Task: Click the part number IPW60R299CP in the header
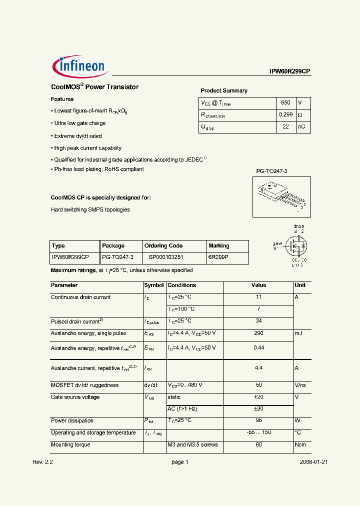point(290,71)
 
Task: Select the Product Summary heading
point(224,90)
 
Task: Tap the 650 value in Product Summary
point(285,102)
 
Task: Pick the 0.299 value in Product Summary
point(286,115)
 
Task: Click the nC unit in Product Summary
point(301,127)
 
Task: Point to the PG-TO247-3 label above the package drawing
point(272,171)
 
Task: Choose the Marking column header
point(219,246)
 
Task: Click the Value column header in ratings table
point(258,285)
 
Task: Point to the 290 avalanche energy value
point(258,333)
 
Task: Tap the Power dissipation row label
point(72,420)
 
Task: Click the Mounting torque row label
point(70,444)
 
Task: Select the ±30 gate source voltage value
point(259,408)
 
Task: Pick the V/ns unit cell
point(301,385)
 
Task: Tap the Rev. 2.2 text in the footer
point(42,462)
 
